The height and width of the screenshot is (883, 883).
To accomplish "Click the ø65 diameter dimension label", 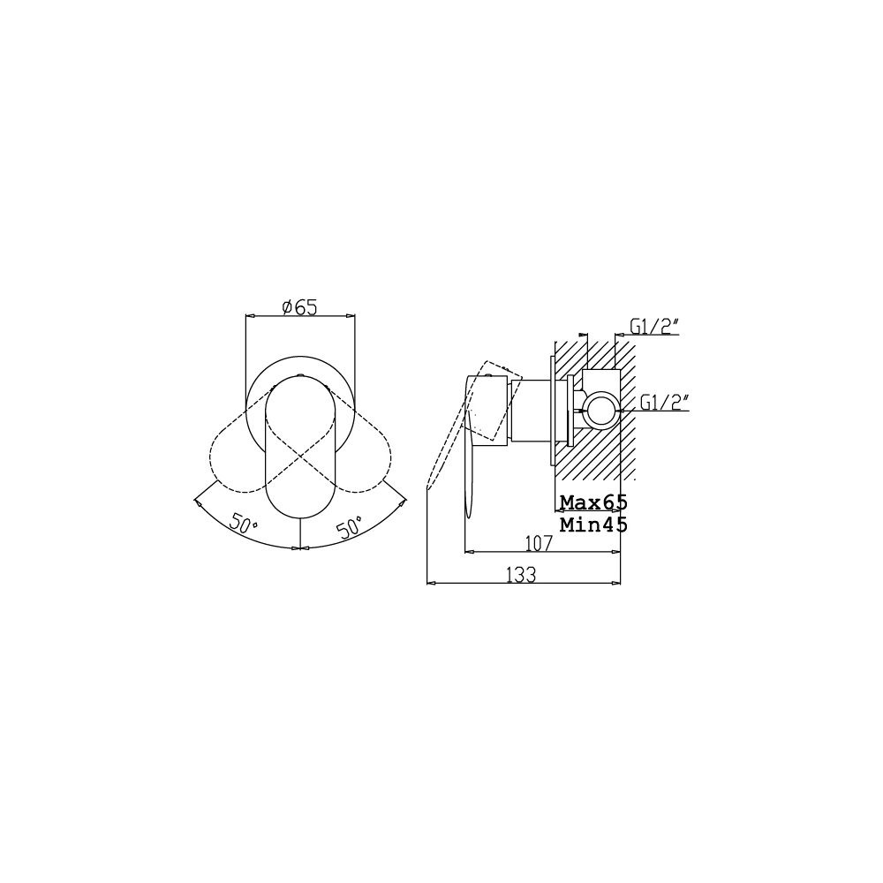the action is [300, 307].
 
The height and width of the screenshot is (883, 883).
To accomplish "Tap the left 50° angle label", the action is [244, 523].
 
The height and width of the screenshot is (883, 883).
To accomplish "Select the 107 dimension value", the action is [539, 543].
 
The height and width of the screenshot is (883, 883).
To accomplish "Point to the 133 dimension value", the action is [522, 575].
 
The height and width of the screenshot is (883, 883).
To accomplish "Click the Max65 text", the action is [593, 502].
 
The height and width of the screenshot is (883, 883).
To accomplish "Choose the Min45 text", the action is [593, 525].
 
